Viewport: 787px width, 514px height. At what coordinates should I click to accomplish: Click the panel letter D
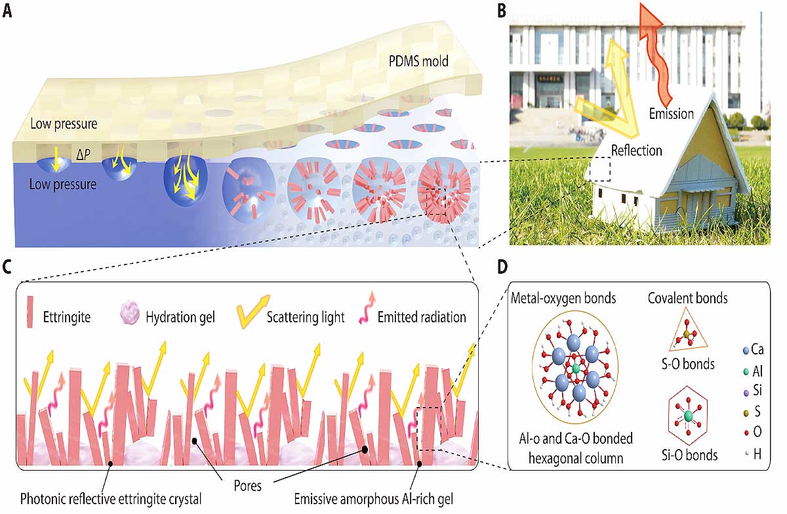tap(502, 267)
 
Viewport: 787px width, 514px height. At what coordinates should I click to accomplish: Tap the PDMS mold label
tap(418, 61)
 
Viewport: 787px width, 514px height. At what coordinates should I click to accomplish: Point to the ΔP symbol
tap(83, 154)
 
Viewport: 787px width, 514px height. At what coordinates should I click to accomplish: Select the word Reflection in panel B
tap(636, 150)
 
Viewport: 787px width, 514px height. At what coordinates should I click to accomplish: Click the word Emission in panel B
tap(671, 114)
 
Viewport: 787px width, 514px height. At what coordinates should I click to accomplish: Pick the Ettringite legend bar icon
tap(30, 312)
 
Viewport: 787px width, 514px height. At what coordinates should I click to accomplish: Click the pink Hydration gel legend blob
tap(129, 312)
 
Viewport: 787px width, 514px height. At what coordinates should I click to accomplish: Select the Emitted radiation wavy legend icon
tap(367, 308)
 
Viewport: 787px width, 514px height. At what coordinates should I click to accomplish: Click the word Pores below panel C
tap(248, 486)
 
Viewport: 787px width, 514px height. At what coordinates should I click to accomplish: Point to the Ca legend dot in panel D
tap(746, 351)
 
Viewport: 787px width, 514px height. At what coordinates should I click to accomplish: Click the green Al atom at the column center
tap(576, 369)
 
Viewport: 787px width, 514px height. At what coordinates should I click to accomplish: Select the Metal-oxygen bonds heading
tap(563, 298)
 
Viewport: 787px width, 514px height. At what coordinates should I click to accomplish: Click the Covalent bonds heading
tap(687, 298)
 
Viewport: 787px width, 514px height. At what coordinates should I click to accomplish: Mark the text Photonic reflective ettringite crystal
tap(111, 499)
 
